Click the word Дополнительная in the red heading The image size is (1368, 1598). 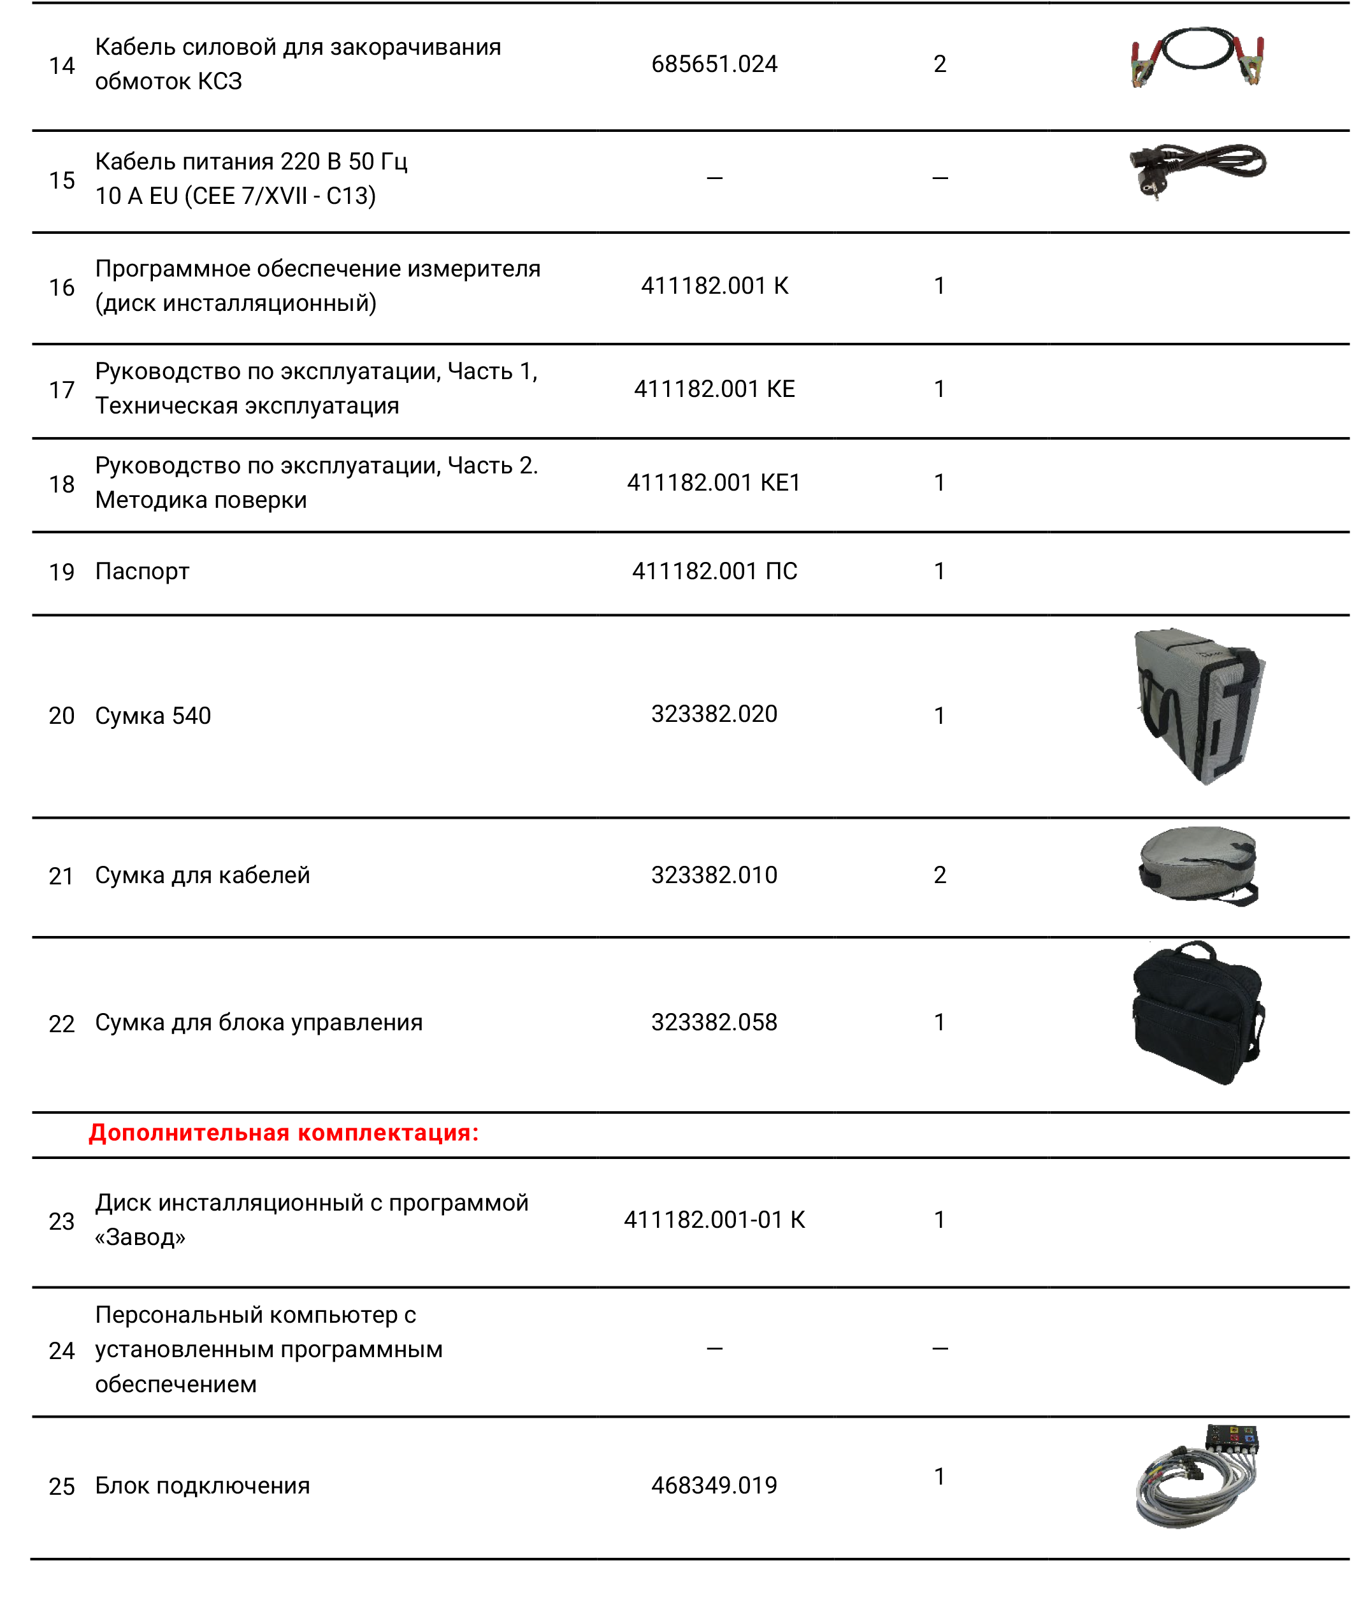(189, 1133)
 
